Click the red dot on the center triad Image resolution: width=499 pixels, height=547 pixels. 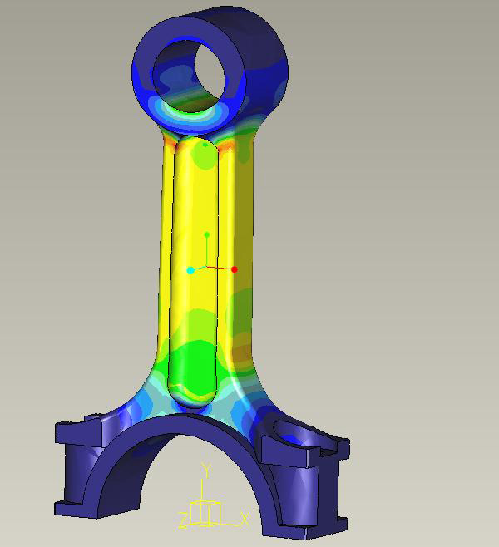(235, 269)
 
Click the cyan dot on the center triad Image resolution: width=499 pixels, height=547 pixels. (190, 270)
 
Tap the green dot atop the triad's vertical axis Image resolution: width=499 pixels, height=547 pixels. (206, 235)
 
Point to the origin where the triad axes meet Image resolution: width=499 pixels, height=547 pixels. (206, 268)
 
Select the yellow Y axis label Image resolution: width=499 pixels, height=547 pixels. (206, 471)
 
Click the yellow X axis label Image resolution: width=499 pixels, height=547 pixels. (245, 519)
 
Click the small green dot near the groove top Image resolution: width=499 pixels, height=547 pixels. (205, 145)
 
